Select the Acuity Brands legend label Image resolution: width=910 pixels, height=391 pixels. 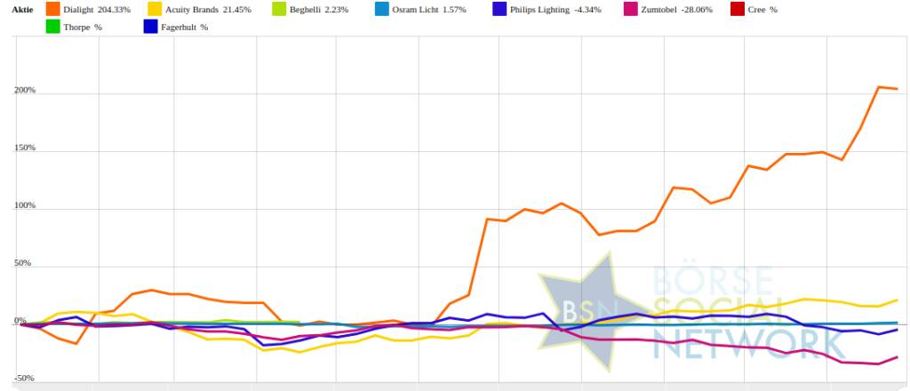click(192, 9)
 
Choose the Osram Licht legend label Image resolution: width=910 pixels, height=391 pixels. click(416, 9)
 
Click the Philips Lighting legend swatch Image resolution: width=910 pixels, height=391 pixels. click(499, 9)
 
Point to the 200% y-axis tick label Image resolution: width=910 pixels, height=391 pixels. click(24, 91)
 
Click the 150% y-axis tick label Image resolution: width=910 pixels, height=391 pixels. click(24, 148)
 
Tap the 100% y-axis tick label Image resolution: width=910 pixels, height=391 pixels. click(24, 206)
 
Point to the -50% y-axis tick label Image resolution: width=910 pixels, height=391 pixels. click(24, 379)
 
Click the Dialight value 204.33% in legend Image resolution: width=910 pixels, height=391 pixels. click(116, 9)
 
